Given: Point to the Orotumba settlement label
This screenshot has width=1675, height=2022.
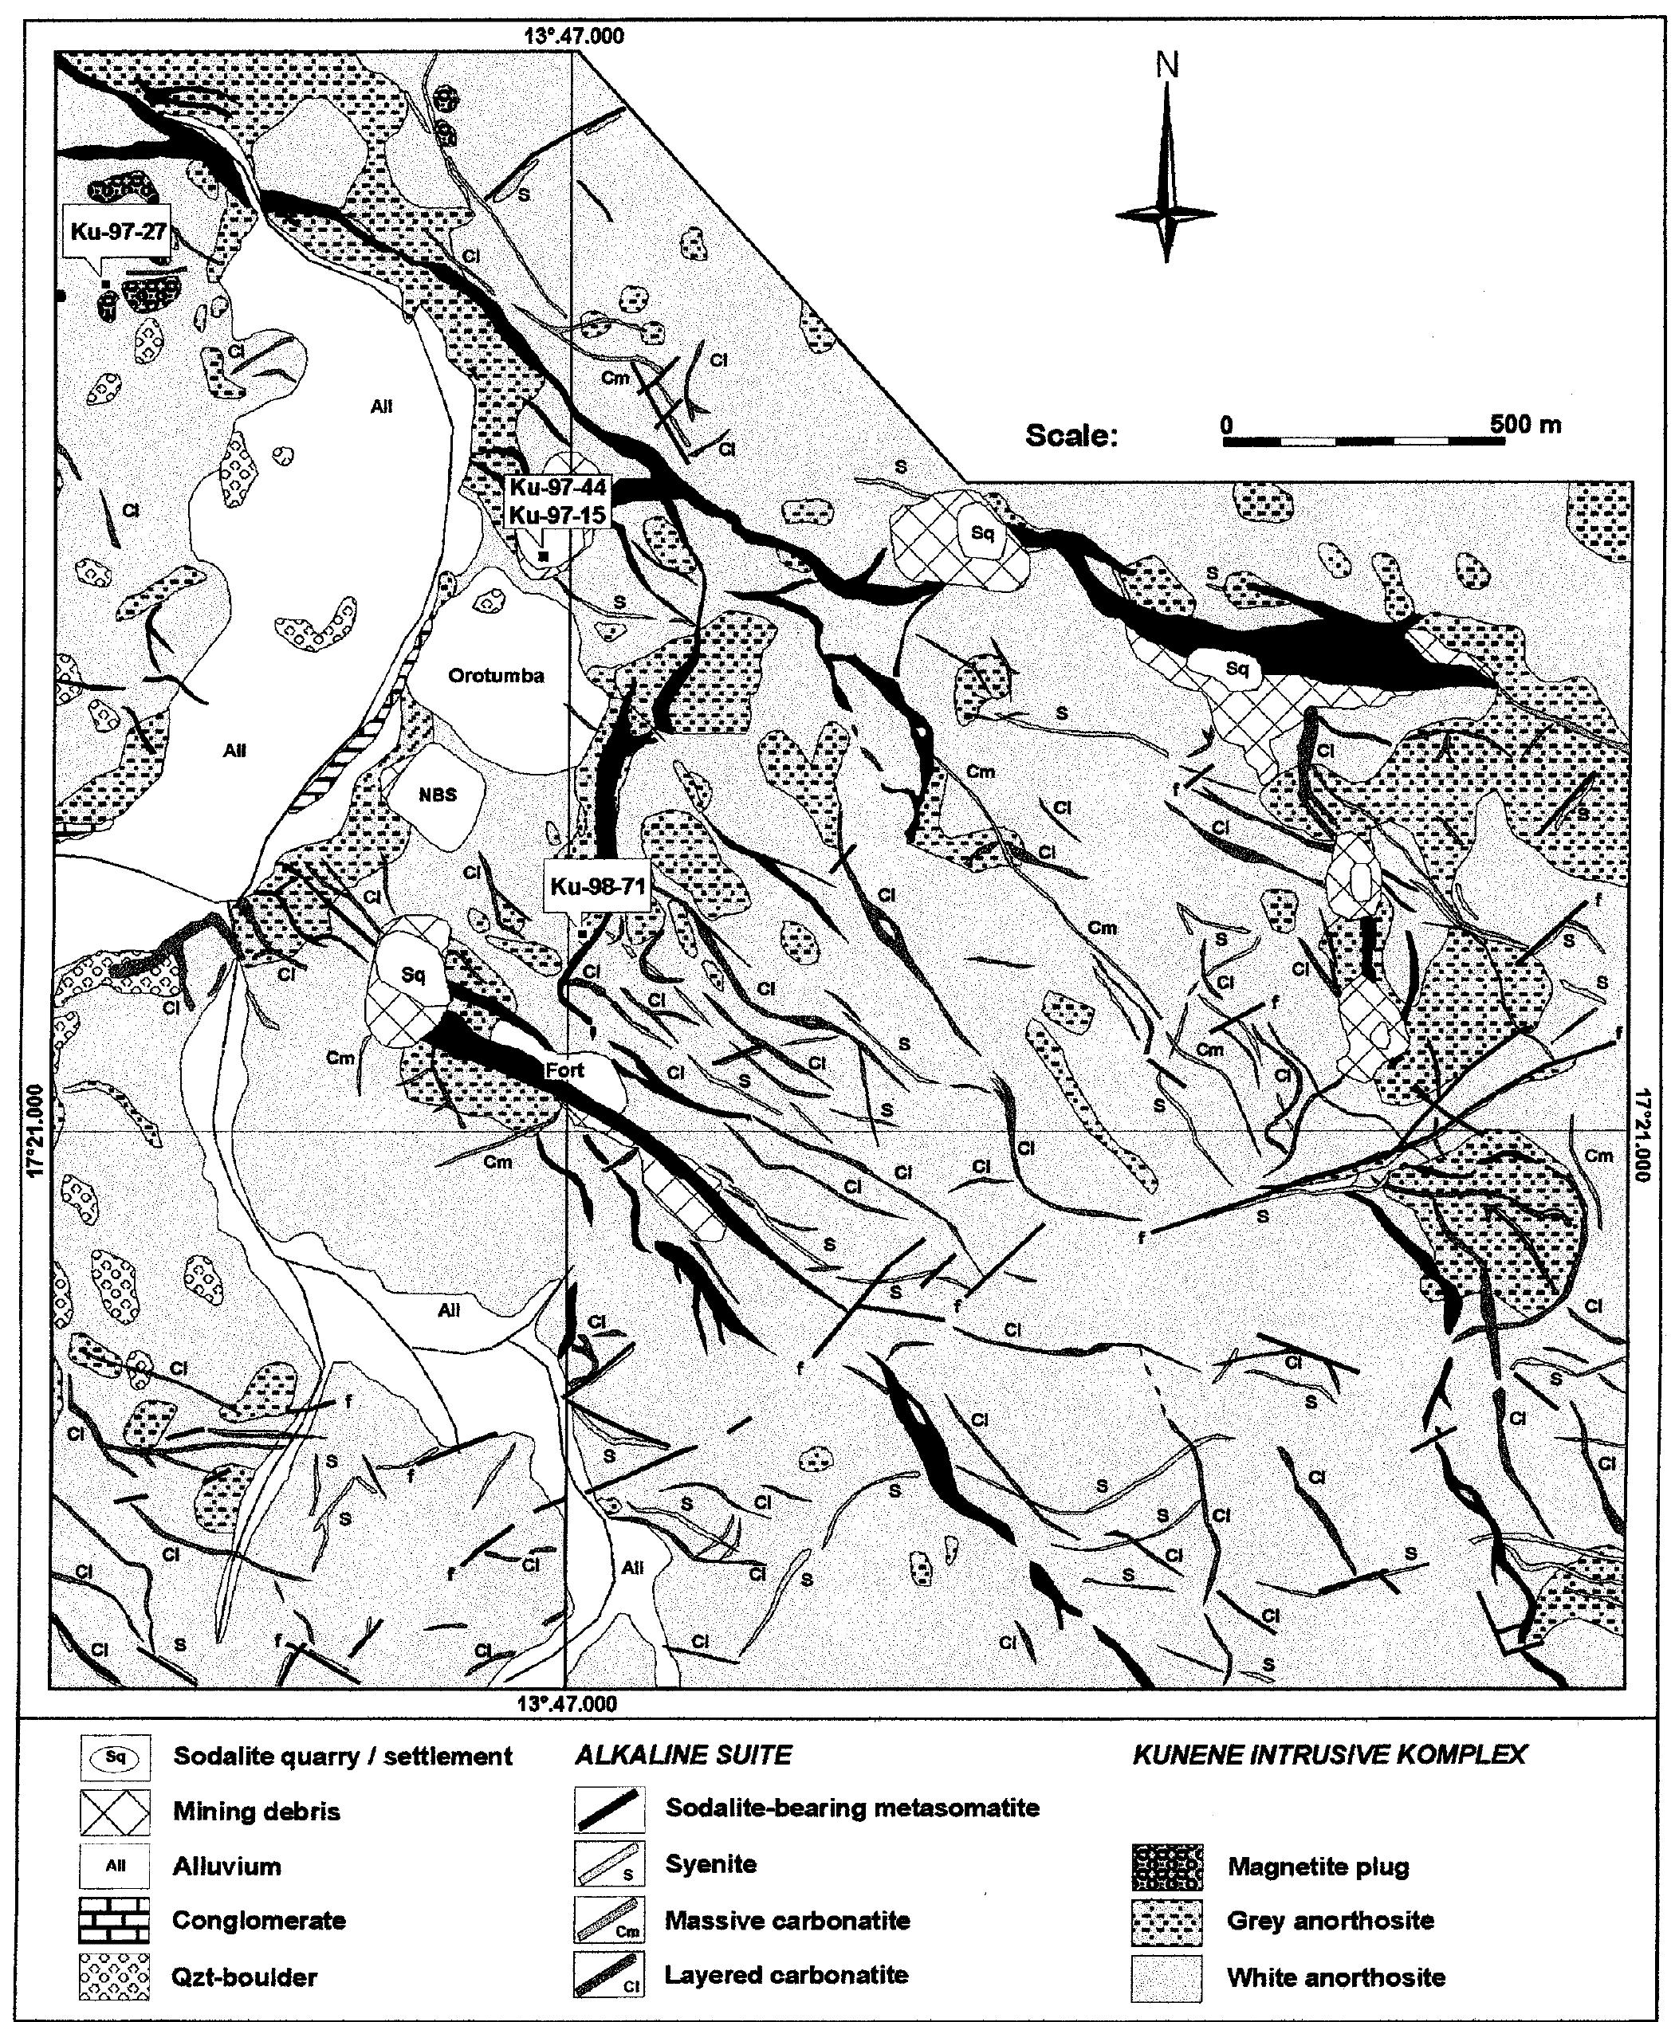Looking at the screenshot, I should coord(496,676).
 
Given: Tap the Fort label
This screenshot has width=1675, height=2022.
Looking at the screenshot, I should coord(564,1069).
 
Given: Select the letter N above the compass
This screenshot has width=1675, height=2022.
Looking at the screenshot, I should coord(1166,65).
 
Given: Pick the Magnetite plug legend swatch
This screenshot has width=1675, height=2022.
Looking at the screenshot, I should coord(1166,1867).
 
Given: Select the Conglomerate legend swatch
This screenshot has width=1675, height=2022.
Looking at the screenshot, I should coord(115,1920).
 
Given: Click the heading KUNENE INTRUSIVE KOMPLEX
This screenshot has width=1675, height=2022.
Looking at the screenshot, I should coord(1329,1754).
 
